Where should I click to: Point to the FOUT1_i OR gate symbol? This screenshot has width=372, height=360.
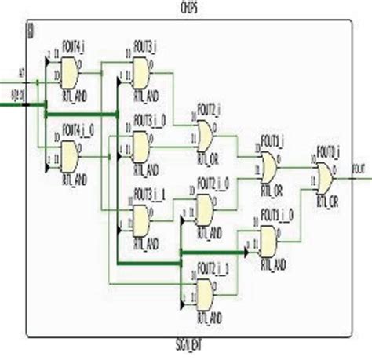pyautogui.click(x=268, y=167)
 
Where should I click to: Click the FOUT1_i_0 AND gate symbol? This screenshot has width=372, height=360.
pyautogui.click(x=268, y=239)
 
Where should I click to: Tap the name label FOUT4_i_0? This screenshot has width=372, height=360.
pyautogui.click(x=71, y=129)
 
